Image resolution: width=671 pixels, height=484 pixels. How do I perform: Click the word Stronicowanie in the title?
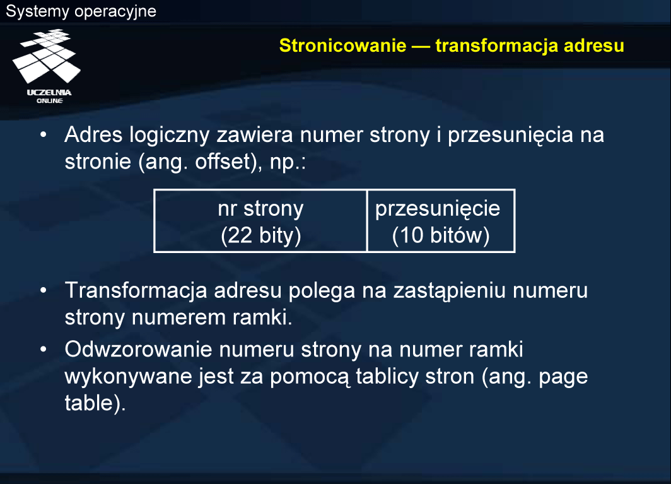(342, 45)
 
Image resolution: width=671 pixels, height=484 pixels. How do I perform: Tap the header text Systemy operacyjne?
(81, 11)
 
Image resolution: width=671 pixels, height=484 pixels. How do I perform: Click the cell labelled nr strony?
(260, 221)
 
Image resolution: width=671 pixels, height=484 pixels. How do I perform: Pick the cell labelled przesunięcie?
(441, 221)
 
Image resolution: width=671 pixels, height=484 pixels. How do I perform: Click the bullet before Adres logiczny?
(44, 134)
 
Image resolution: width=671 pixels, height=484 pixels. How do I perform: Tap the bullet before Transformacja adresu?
(44, 290)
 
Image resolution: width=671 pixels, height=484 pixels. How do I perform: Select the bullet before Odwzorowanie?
(44, 349)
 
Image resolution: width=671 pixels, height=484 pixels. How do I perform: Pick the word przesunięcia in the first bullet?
(510, 135)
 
